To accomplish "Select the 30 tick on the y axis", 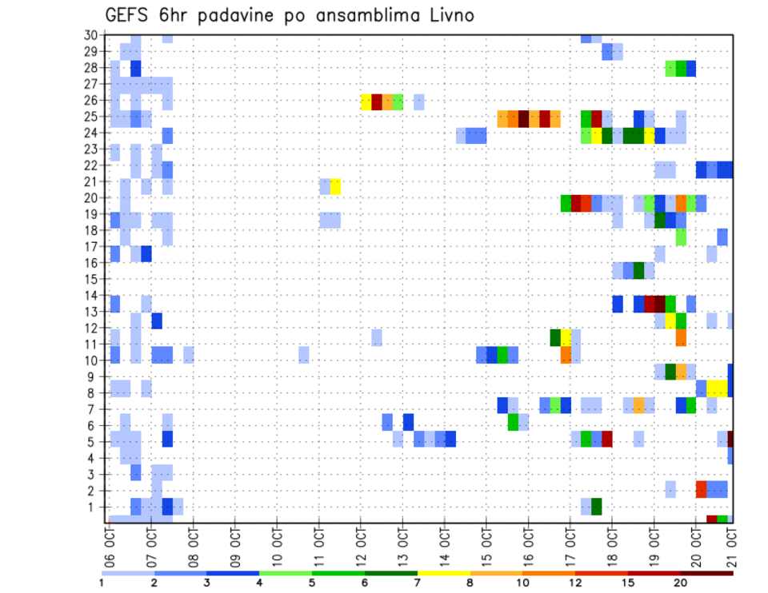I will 90,35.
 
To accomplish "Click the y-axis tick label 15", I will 90,279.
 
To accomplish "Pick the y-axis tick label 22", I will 90,165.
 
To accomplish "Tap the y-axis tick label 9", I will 94,376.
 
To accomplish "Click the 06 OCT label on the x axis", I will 110,546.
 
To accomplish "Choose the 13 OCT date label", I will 402,546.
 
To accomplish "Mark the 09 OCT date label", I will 235,546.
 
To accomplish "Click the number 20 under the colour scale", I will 681,583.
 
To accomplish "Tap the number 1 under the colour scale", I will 102,583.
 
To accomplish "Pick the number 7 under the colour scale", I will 417,583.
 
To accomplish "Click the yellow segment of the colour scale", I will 443,573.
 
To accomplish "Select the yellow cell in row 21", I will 335,186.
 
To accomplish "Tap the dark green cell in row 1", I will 597,507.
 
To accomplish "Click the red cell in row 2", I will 701,489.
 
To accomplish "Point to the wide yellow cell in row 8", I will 717,388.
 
